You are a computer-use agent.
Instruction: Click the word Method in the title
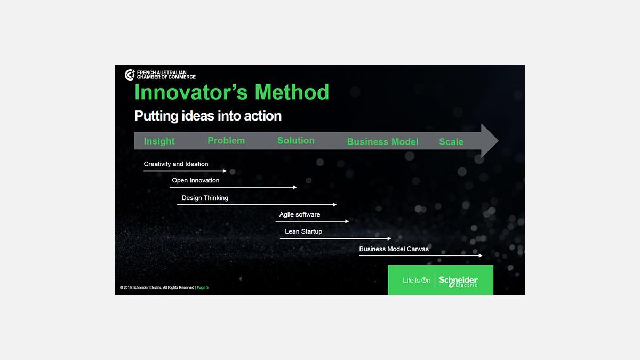point(292,92)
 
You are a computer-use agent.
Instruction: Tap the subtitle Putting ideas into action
point(208,116)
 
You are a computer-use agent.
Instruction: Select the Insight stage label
point(159,141)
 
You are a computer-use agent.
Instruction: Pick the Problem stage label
point(226,141)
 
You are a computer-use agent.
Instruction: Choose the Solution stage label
point(295,141)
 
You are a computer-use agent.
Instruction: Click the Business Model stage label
point(382,142)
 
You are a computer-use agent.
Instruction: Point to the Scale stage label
point(451,142)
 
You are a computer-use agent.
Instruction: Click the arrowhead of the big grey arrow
point(498,141)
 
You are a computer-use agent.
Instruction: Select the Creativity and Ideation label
point(175,164)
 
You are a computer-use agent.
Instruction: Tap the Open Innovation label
point(195,180)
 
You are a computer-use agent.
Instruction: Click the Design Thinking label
point(205,198)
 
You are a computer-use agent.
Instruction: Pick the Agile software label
point(299,214)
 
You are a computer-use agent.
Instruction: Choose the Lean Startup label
point(303,231)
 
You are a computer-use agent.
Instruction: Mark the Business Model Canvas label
point(394,249)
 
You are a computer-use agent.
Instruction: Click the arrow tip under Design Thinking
point(337,205)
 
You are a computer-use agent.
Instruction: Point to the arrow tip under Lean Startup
point(391,238)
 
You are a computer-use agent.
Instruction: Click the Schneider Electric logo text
point(458,282)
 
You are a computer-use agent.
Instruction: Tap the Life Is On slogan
point(417,281)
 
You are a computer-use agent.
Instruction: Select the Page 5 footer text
point(203,287)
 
